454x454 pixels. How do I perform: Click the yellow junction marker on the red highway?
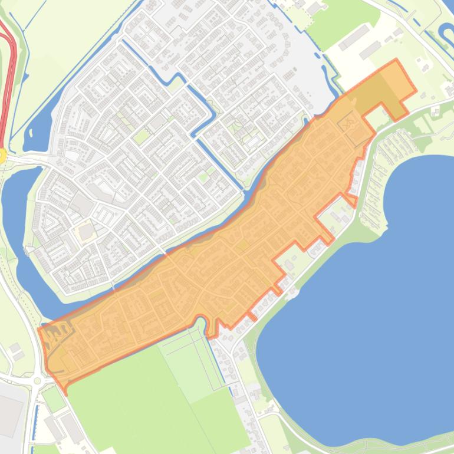(x=2, y=155)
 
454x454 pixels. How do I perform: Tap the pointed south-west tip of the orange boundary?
(x=65, y=392)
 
